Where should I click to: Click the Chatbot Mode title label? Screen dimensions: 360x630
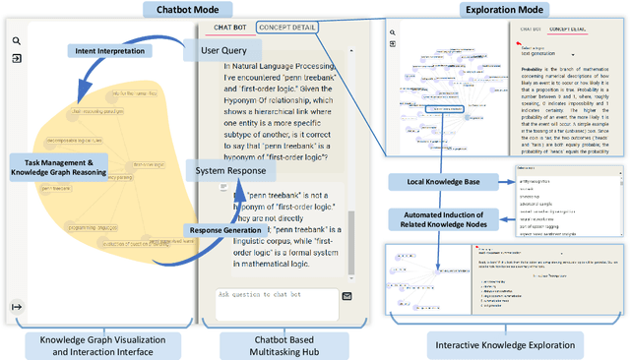(181, 9)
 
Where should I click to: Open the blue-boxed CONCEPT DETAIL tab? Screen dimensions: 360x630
(286, 28)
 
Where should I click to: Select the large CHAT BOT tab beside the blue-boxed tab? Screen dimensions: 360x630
(229, 28)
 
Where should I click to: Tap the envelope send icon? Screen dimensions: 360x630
(346, 295)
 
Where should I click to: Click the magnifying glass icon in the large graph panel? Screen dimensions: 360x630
(17, 42)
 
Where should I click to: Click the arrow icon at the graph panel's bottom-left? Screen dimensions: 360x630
(17, 307)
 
